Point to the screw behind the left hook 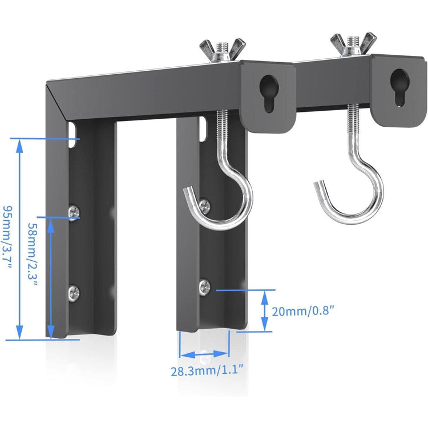[205, 203]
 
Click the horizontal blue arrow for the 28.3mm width [204, 352]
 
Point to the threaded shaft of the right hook [354, 132]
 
